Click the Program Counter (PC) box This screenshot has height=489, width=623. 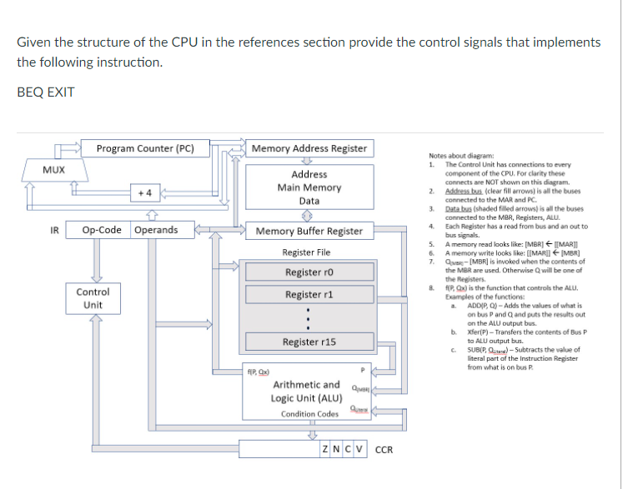(145, 149)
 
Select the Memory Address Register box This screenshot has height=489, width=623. (309, 149)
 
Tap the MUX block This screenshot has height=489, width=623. (54, 169)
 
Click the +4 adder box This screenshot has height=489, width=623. (144, 192)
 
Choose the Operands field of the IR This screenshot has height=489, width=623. (155, 230)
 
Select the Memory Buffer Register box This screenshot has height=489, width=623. (309, 231)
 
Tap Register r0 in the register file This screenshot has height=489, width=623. (309, 272)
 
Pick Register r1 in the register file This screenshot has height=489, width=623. (309, 295)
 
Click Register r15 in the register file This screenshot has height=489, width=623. (309, 342)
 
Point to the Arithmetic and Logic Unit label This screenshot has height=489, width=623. (306, 392)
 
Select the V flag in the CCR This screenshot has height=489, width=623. (360, 450)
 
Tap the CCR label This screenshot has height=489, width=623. (384, 450)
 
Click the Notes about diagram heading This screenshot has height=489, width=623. (460, 156)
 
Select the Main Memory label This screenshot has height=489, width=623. (309, 187)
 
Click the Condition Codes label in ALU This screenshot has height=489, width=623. (309, 414)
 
